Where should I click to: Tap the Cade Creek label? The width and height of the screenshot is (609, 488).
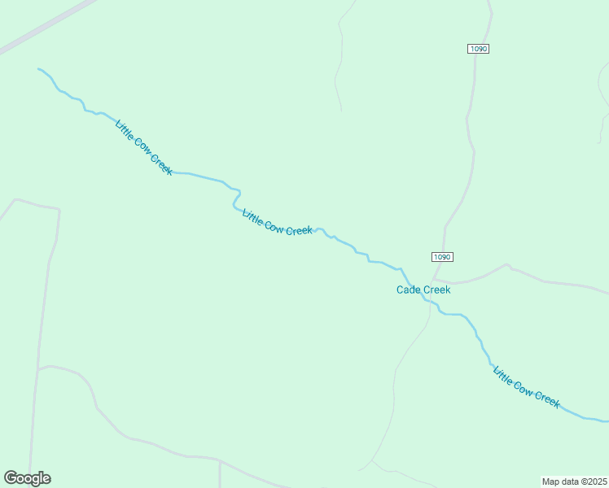(x=423, y=290)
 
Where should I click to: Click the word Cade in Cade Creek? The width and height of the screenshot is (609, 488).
(x=409, y=290)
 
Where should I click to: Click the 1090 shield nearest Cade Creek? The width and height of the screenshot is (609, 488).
(x=441, y=257)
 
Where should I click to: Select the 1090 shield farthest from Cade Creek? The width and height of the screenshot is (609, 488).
(x=479, y=49)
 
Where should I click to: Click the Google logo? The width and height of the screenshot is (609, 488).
(x=28, y=478)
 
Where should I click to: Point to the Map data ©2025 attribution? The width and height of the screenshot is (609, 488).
(x=574, y=481)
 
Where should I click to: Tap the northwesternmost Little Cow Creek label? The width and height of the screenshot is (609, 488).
(x=144, y=147)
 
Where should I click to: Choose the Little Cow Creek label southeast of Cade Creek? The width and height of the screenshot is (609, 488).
(x=527, y=386)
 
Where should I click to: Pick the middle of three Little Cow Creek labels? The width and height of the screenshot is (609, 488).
(x=278, y=222)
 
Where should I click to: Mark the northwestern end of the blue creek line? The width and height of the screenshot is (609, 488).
(x=39, y=69)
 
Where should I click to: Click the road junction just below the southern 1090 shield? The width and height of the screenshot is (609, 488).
(x=434, y=279)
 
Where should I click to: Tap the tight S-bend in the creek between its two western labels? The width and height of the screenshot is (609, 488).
(x=236, y=198)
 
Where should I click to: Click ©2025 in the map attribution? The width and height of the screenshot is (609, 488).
(x=593, y=481)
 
